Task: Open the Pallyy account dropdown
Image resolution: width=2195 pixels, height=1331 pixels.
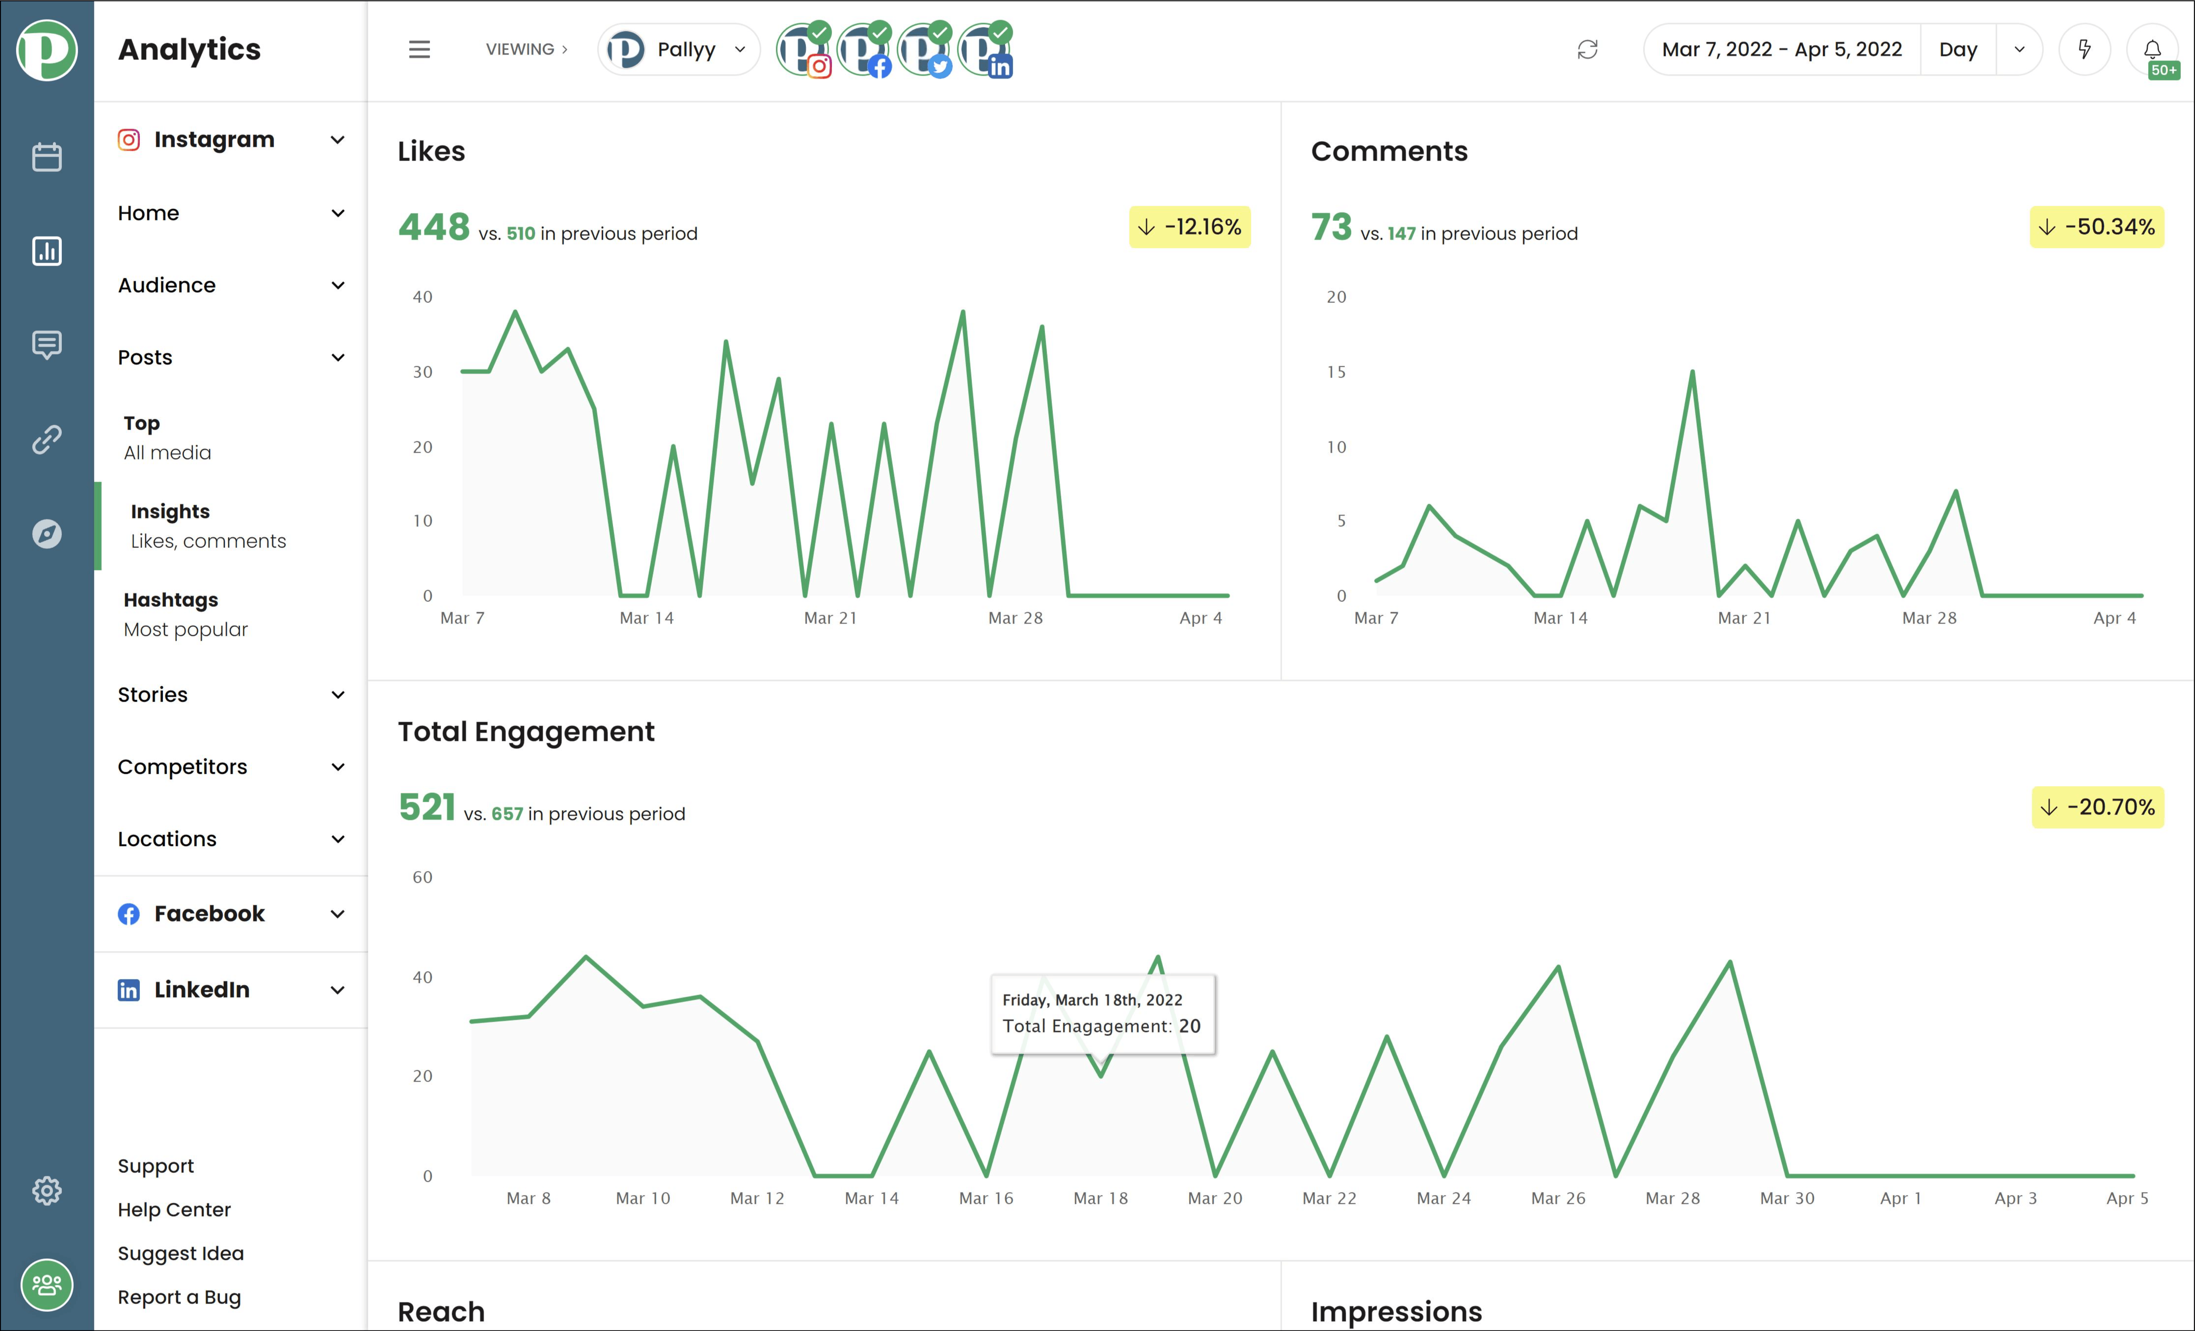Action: click(x=679, y=50)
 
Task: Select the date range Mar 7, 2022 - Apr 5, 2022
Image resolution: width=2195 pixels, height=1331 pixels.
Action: click(x=1782, y=50)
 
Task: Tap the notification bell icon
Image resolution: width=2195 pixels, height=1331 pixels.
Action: click(x=2151, y=50)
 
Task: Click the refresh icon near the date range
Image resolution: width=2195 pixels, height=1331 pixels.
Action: click(x=1587, y=50)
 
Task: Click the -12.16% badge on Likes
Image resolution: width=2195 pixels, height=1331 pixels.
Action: click(x=1190, y=227)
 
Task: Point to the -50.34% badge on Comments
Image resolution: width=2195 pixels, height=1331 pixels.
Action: click(x=2097, y=227)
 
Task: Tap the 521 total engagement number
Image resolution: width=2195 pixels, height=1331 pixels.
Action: click(x=427, y=807)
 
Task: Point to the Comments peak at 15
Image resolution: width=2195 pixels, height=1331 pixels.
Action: click(x=1692, y=372)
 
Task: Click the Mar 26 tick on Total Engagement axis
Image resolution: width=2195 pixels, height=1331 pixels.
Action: click(x=1558, y=1198)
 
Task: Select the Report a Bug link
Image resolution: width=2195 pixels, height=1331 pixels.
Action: click(x=179, y=1297)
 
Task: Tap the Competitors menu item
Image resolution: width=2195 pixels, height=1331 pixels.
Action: click(x=183, y=767)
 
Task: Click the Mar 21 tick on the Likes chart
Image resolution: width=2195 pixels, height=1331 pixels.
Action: click(x=830, y=618)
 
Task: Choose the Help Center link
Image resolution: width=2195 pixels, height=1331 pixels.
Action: click(x=174, y=1210)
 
